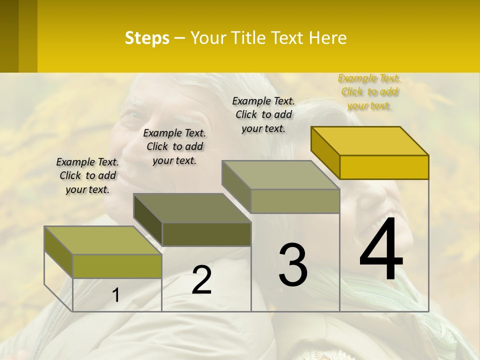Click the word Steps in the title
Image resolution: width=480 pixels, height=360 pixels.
click(x=147, y=38)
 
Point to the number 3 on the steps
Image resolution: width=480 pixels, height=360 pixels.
click(x=293, y=264)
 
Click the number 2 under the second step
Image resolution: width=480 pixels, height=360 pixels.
click(x=201, y=280)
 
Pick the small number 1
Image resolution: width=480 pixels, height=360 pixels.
click(x=116, y=295)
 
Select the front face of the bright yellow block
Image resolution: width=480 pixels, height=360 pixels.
click(x=384, y=167)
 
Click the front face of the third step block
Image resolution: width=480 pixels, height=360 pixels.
click(x=295, y=201)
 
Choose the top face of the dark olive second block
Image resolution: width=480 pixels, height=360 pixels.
click(x=192, y=208)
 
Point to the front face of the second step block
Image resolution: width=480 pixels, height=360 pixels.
click(x=206, y=234)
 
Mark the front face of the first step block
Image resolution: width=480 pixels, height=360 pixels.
click(x=117, y=266)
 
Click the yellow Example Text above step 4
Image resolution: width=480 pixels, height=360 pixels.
click(x=369, y=91)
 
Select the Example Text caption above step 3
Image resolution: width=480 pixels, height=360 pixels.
click(x=263, y=114)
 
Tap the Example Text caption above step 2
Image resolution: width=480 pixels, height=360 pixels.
click(x=174, y=146)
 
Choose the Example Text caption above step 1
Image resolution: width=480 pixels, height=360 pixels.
click(x=87, y=175)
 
